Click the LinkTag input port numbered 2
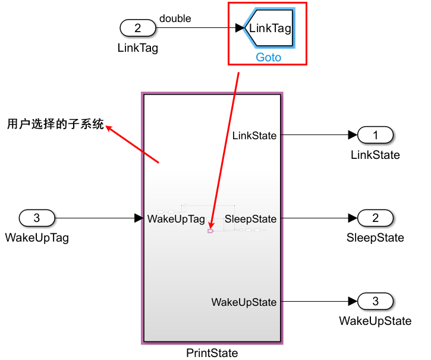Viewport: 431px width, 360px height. (138, 27)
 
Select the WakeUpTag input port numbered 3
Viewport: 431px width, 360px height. (37, 218)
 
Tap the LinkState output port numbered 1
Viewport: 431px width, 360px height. (375, 135)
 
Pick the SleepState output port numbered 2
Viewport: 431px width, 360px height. (375, 218)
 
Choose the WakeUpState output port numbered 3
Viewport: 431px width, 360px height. (375, 302)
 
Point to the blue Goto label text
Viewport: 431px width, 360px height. (269, 58)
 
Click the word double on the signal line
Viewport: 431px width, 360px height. (175, 18)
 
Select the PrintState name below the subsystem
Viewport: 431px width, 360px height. (212, 353)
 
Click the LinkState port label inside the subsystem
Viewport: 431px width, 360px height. (254, 136)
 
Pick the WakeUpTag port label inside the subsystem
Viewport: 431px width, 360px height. (176, 219)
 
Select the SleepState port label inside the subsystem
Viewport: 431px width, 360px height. (251, 219)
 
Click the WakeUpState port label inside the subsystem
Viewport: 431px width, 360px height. (244, 302)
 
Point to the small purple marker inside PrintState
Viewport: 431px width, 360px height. (210, 231)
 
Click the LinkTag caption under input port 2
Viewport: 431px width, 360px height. (138, 48)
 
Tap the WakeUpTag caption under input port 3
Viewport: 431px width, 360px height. (37, 238)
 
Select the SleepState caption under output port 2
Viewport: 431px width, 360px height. (375, 238)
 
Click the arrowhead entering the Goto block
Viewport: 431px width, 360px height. (240, 27)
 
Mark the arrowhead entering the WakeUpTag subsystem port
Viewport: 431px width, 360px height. (139, 218)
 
